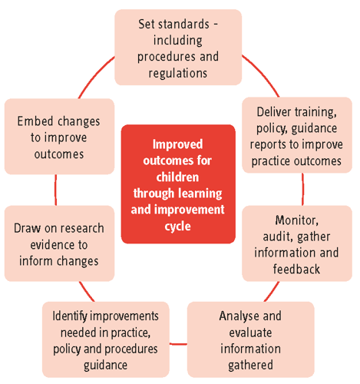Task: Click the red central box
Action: (178, 184)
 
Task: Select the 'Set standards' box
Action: (178, 48)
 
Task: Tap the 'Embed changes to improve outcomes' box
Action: (59, 137)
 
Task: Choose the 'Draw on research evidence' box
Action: (59, 243)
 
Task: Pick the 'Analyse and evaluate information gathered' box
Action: (251, 339)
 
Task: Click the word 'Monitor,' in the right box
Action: (297, 220)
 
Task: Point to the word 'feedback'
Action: (296, 269)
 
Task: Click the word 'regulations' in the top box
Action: (178, 73)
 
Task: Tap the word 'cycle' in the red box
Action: (177, 227)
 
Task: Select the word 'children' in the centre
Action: (177, 177)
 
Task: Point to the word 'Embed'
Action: (35, 121)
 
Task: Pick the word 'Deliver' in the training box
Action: (274, 112)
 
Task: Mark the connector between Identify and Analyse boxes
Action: (178, 344)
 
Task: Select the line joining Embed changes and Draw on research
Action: (55, 190)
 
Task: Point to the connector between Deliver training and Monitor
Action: (302, 189)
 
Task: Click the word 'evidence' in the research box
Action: (59, 245)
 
